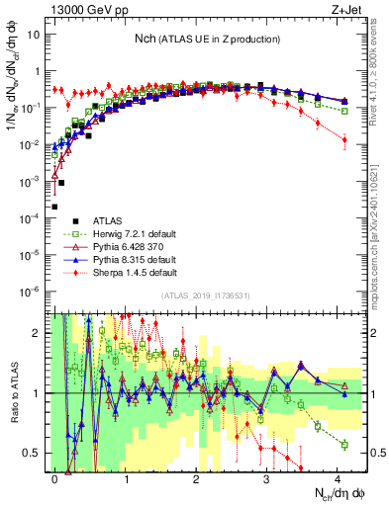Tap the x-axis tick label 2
[x=197, y=476]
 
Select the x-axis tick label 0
[x=55, y=476]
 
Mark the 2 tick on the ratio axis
[x=38, y=333]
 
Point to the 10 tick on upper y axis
[x=33, y=35]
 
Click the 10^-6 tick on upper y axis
[x=30, y=291]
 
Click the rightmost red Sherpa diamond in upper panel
[x=344, y=140]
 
